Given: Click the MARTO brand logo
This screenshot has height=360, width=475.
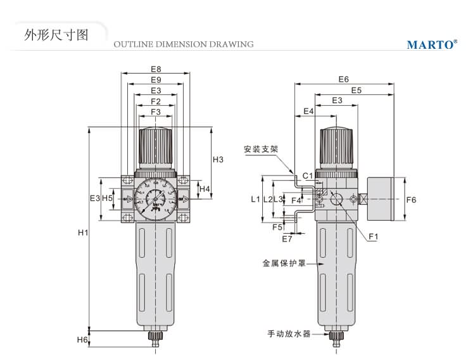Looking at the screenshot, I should [431, 44].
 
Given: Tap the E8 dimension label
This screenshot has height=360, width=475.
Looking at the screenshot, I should [156, 69].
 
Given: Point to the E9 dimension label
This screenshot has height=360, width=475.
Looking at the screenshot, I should [156, 80].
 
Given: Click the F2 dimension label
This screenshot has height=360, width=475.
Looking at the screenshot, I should [156, 101].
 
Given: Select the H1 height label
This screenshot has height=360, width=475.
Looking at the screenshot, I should [82, 233].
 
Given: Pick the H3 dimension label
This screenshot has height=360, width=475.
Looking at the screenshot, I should [218, 159].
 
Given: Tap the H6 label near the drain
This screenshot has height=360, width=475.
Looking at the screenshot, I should [82, 340].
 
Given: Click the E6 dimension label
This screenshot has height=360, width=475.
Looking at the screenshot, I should [343, 79].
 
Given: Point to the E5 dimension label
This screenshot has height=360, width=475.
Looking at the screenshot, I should [356, 90].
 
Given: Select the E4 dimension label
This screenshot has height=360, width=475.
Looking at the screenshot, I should [308, 111].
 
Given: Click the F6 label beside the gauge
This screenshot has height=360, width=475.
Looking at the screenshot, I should [411, 200].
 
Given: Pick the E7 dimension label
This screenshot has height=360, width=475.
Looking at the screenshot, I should [288, 239].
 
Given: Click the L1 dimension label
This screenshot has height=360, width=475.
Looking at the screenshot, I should [255, 199].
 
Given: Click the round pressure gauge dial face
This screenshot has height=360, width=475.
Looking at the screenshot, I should [155, 198].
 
